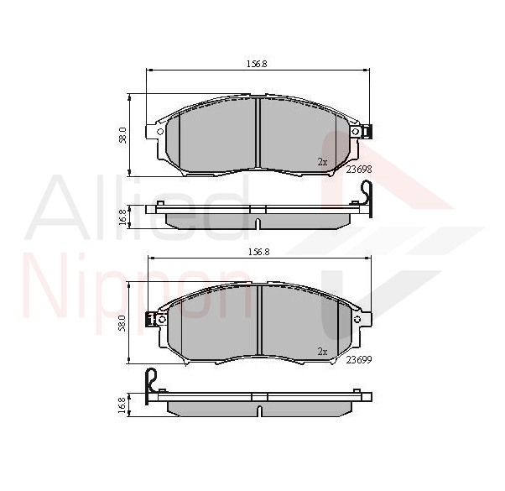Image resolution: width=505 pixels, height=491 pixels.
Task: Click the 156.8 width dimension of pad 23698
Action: click(257, 64)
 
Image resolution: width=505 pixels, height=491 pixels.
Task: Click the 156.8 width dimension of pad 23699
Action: click(258, 253)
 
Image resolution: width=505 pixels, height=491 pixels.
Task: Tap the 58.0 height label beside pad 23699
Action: click(122, 323)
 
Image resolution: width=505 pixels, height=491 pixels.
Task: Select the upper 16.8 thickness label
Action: click(122, 217)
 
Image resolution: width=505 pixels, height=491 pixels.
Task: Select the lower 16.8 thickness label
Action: click(122, 405)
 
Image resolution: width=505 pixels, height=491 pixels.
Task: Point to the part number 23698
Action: click(359, 170)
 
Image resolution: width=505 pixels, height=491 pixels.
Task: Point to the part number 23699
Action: click(359, 359)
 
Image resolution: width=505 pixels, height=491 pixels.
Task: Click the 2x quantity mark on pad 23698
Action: click(322, 162)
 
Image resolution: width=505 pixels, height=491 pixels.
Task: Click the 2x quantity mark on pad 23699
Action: click(322, 352)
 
